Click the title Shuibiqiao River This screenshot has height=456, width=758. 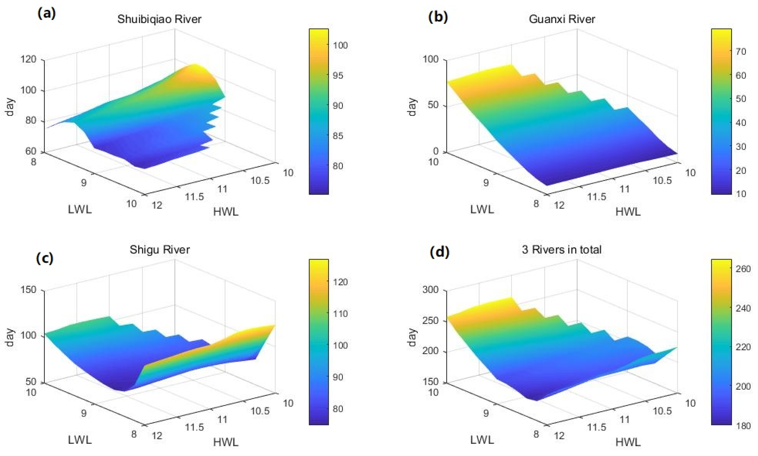click(159, 19)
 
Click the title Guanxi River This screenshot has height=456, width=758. click(562, 19)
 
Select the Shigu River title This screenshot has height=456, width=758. click(159, 249)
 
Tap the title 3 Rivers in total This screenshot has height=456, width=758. click(561, 249)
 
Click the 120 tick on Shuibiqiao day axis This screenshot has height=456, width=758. click(28, 59)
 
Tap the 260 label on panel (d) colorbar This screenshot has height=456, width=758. click(743, 269)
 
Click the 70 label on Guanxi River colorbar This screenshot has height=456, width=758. click(741, 51)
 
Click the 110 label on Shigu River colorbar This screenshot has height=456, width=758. click(340, 314)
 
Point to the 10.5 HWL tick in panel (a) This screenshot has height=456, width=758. click(260, 180)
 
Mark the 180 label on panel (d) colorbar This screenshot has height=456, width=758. click(743, 426)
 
